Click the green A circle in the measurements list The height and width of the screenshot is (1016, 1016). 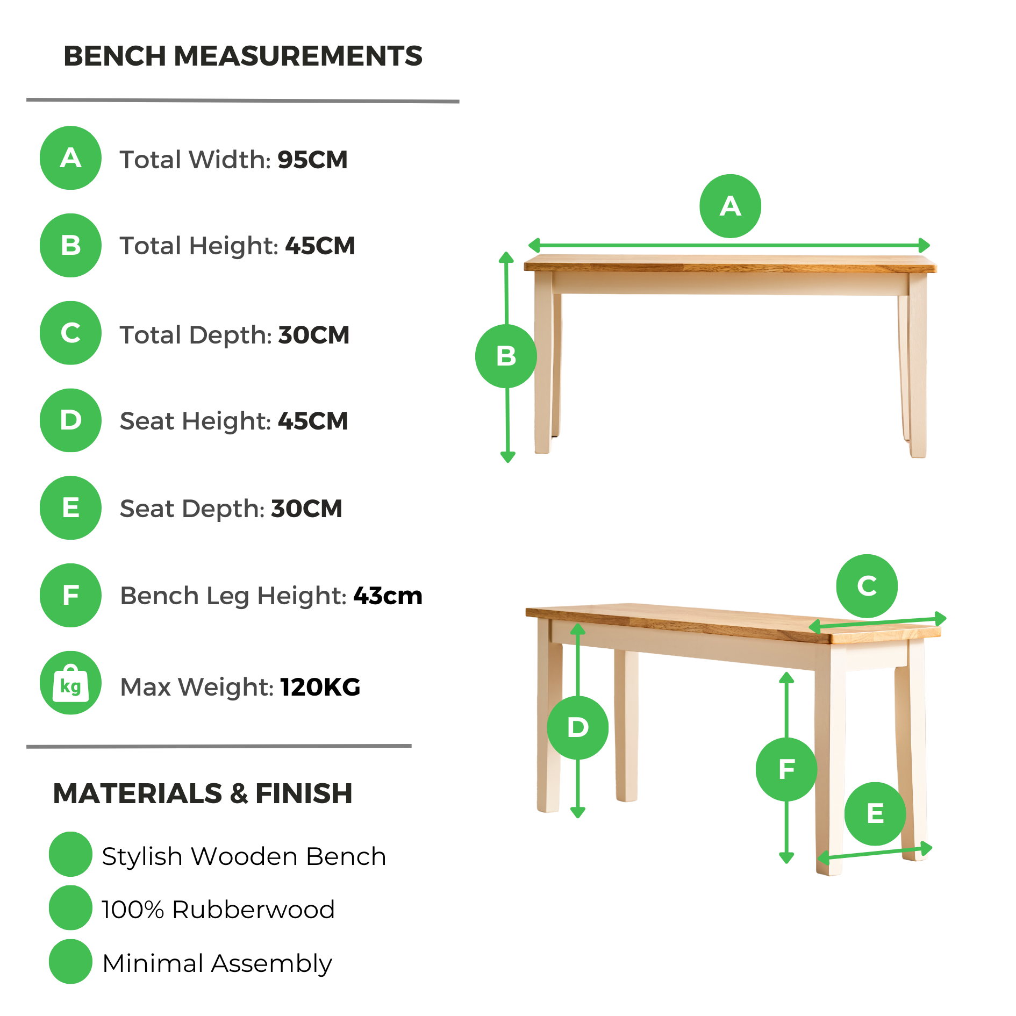(70, 158)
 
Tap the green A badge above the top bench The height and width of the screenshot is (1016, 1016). (730, 206)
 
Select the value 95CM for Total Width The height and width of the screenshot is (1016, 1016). (312, 160)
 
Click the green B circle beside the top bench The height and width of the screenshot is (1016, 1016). (506, 356)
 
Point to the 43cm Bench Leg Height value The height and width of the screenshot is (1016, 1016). (388, 596)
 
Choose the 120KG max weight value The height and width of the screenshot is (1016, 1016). (320, 687)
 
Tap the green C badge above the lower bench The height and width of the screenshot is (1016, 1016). (867, 586)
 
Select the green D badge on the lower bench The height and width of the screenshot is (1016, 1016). (578, 728)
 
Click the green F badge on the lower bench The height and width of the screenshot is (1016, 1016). (786, 769)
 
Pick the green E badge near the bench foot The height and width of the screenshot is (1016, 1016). (875, 814)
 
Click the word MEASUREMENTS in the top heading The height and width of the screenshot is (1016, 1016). (298, 56)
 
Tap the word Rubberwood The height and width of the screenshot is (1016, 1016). (254, 910)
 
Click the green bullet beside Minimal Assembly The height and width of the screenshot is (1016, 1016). (70, 962)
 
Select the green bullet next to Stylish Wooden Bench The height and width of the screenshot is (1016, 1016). (70, 854)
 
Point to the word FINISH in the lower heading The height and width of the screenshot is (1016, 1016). (304, 793)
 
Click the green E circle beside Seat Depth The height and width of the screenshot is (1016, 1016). (70, 508)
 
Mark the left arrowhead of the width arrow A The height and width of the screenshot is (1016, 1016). (534, 246)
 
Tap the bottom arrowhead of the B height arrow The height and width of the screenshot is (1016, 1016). (508, 457)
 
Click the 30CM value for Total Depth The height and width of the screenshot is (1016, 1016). (314, 335)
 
